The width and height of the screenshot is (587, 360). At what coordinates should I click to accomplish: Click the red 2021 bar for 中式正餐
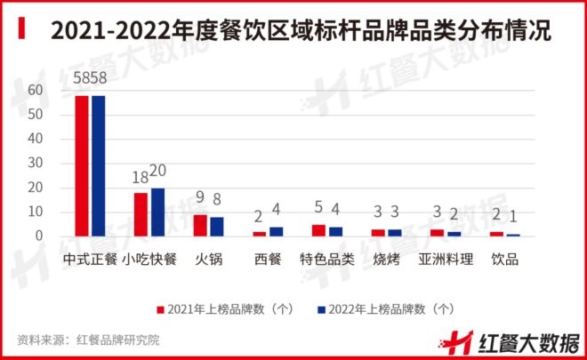point(81,165)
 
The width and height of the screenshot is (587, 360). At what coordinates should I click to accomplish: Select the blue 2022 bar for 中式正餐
point(98,165)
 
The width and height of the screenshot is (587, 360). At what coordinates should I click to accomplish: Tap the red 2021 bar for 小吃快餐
point(141,214)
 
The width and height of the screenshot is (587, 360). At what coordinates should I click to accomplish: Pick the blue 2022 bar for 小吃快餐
point(157,212)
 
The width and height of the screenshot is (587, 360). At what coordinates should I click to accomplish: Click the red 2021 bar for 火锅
point(200,225)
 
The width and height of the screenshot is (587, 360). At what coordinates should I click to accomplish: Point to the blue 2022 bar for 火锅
point(217,226)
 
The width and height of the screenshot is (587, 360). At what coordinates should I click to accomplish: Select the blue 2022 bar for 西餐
point(276,231)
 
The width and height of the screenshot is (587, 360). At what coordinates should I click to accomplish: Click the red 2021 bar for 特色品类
point(318,230)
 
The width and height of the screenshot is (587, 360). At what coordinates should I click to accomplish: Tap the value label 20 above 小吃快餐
point(157,171)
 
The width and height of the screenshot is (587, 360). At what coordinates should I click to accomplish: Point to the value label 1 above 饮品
point(513,217)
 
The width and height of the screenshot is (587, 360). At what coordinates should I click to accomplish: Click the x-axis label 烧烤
point(386,260)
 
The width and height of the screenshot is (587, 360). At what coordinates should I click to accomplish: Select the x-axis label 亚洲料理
point(446,260)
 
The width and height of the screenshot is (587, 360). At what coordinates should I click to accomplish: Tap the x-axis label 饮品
point(505,260)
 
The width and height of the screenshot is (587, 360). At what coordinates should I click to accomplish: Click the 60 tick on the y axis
point(36,91)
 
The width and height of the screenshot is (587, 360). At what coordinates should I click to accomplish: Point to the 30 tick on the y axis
point(36,164)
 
